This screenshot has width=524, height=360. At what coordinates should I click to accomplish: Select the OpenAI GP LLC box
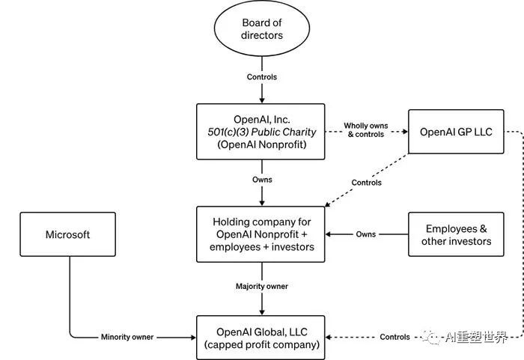pos(456,132)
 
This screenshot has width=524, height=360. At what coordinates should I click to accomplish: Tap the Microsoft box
pos(68,234)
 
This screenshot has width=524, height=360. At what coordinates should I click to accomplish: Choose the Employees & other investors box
pos(456,234)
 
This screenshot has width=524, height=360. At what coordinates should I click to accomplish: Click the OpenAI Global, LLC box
pos(261,338)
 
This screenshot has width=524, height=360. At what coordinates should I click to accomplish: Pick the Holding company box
pos(261,234)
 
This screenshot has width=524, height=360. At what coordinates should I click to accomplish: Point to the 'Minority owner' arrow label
pos(127,337)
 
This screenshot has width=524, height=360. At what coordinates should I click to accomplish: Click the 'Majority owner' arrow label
pos(262,286)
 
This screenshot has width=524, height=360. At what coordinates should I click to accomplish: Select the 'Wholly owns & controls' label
pos(366,130)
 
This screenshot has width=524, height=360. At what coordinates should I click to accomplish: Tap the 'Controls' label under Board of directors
pos(262,77)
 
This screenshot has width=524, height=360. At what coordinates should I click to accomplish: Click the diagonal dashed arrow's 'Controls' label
pos(366,183)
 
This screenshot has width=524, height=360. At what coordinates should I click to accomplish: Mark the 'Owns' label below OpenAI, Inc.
pos(262,180)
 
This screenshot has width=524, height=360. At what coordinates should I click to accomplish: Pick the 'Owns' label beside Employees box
pos(365,234)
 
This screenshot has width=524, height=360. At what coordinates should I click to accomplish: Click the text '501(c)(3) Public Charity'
pos(262,132)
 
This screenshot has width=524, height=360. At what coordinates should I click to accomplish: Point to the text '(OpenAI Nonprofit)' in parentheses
pos(262,144)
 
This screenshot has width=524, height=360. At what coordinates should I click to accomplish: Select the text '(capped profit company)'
pos(262,344)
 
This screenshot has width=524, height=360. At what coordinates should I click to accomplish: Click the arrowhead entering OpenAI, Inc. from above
pos(262,100)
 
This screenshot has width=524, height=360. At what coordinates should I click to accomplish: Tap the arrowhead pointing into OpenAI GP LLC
pos(405,132)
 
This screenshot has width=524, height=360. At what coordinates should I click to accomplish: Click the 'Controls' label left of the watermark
pos(394,337)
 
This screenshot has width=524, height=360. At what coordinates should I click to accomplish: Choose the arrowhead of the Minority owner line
pos(193,338)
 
